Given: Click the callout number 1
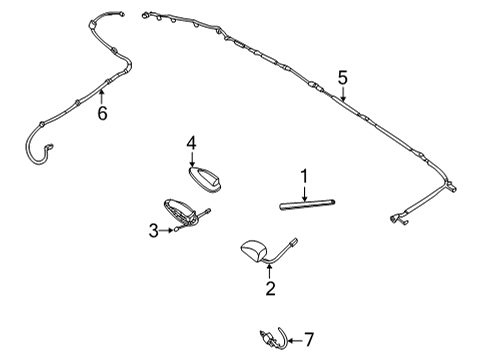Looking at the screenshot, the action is [303, 178].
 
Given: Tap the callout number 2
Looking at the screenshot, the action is [269, 290].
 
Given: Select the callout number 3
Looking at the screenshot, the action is [153, 230].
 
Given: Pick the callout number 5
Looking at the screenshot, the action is [342, 77].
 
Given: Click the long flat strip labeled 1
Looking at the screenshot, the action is [307, 206].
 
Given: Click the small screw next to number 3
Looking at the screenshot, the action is [172, 230].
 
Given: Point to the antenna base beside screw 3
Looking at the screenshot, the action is [185, 211].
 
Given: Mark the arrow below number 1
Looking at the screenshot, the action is [303, 193].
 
